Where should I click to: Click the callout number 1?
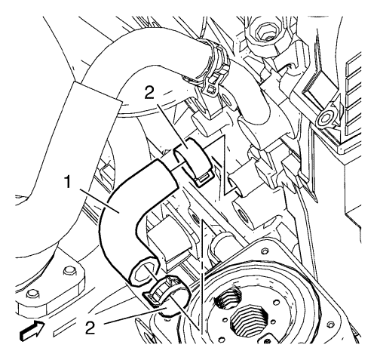coord(68,182)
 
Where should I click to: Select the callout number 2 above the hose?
coord(150,94)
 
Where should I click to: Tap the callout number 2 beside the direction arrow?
coord(90,328)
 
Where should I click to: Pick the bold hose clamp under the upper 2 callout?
coord(192,161)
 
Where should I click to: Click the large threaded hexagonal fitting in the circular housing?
coord(250,322)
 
